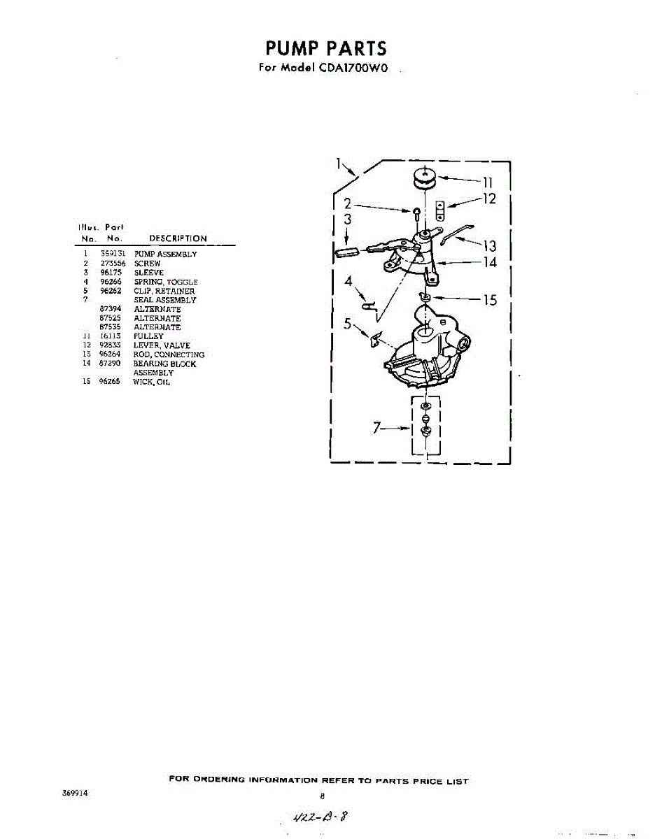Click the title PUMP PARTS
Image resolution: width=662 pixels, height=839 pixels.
[325, 48]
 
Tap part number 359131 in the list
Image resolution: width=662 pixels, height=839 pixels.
[113, 254]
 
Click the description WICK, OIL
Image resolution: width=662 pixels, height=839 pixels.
[152, 382]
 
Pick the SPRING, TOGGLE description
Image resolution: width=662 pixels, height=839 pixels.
[166, 282]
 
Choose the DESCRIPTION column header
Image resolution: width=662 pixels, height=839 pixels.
[178, 238]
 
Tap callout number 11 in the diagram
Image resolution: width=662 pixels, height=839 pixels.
[487, 183]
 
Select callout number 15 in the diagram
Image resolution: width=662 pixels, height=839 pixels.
[490, 300]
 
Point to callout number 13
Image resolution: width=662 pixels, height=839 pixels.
[488, 246]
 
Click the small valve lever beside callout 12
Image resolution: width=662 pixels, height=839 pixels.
[441, 208]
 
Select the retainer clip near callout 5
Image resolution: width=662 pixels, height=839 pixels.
[376, 340]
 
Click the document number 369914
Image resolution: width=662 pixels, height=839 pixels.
[74, 794]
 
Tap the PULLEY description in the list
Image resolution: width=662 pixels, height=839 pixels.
[148, 336]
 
